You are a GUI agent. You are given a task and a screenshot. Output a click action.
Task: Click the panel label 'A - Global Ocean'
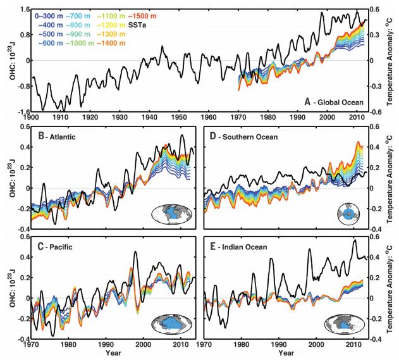click(x=332, y=101)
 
